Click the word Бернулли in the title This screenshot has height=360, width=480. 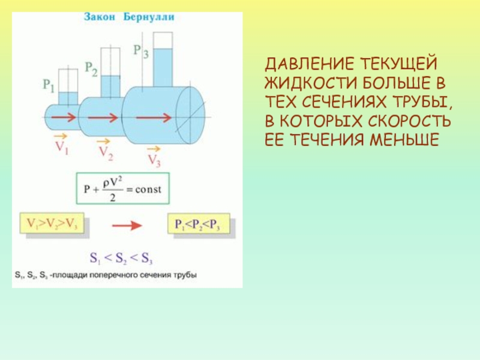tap(149, 17)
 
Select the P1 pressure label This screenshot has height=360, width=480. tap(49, 85)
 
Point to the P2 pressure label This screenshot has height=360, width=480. tap(91, 67)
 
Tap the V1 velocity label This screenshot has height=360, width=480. tap(62, 148)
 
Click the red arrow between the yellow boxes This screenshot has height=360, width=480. tap(126, 225)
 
